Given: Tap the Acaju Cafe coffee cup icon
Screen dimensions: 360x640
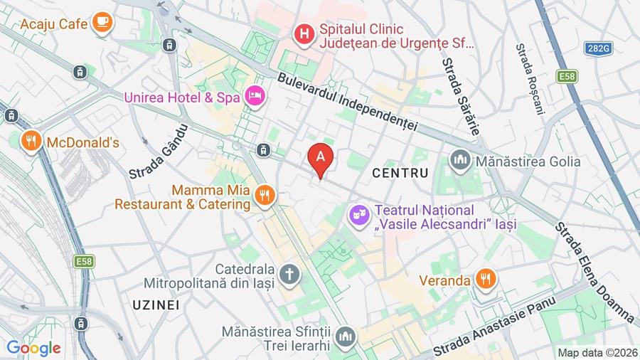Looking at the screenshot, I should (102, 22).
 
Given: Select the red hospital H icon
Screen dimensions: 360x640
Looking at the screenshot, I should (304, 33).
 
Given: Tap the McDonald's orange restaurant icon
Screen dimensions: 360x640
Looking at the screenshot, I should (30, 142).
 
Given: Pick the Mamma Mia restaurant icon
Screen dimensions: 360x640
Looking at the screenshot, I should (265, 195).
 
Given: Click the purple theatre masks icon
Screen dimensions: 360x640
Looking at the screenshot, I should (357, 213).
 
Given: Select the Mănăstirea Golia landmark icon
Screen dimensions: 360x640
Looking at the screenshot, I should (460, 160).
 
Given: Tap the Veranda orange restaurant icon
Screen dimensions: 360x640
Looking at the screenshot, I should (486, 280).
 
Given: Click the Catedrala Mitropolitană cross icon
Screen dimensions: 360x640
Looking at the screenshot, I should (289, 274).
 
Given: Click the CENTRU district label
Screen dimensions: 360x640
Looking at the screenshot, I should (400, 173).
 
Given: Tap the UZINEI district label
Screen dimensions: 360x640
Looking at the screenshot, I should (156, 305).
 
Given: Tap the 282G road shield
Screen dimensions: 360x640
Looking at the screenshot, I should (599, 48).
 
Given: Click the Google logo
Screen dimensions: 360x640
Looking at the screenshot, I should (33, 348).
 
